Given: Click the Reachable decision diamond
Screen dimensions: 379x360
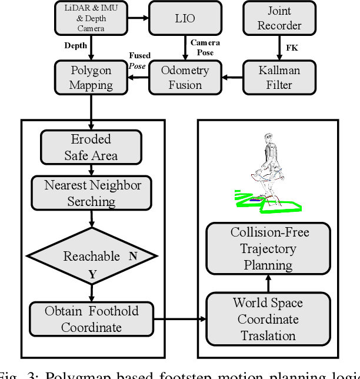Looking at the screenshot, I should point(91,257).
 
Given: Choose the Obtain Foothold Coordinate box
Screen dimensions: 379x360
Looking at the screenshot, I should point(92,318).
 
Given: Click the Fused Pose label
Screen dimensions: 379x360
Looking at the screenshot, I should point(139,59).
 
